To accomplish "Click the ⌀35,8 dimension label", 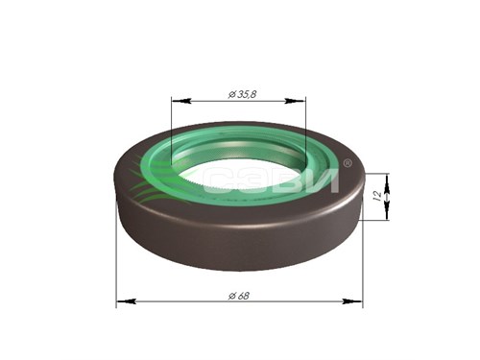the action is (242, 95).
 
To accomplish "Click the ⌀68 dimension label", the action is (239, 296).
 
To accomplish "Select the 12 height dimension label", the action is (378, 196).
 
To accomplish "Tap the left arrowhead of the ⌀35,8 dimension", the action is (181, 101).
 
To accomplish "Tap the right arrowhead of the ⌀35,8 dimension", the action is (295, 101).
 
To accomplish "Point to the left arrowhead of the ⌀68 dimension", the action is (126, 301).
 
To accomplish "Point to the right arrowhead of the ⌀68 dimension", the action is (352, 301).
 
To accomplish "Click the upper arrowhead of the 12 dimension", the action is (387, 183).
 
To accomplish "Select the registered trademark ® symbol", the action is (348, 163).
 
